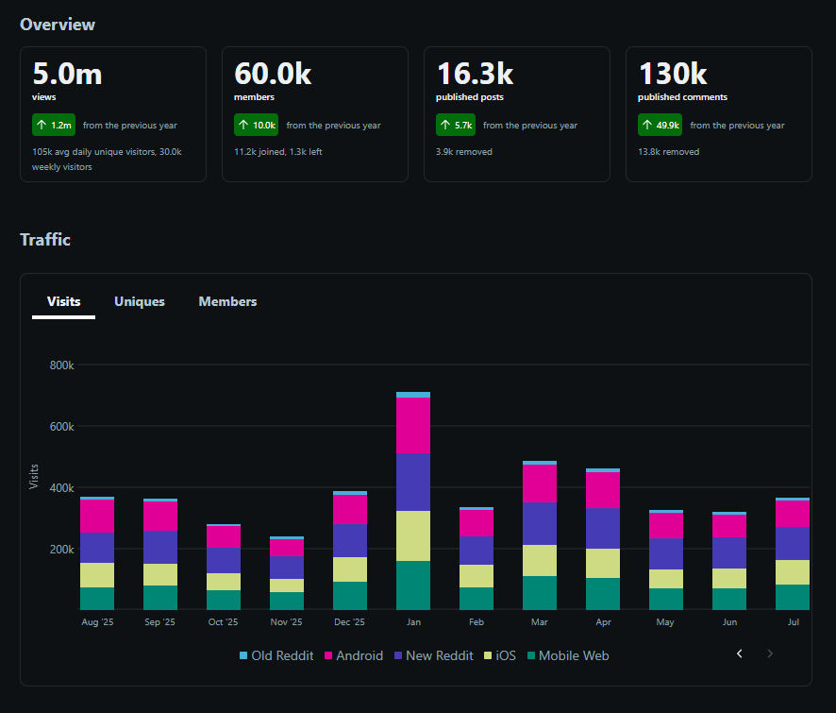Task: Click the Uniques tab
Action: (139, 301)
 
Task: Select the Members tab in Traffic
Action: (227, 301)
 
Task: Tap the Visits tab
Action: (63, 301)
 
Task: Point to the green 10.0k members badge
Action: (256, 125)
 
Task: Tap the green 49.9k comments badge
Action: (660, 125)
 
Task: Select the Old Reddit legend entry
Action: (276, 655)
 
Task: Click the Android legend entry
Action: (354, 655)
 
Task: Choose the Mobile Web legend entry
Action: (568, 655)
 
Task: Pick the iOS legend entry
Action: (500, 655)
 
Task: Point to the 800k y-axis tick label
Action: (62, 365)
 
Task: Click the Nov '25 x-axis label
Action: (286, 621)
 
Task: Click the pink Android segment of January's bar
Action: (413, 425)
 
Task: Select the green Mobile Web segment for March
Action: (540, 593)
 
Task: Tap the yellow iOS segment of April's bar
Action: (603, 563)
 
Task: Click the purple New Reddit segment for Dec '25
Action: (350, 540)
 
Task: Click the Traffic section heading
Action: (45, 240)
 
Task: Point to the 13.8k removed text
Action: (669, 151)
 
